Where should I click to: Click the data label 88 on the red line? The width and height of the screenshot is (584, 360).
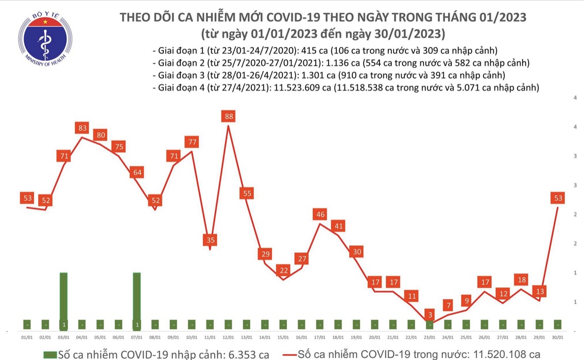[x=229, y=116]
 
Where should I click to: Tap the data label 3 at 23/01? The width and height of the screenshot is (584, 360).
[x=430, y=314]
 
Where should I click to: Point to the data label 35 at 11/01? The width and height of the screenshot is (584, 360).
[x=210, y=239]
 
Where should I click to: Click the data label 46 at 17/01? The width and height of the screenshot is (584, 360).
[x=320, y=214]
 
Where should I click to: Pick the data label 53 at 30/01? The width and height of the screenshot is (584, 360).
[x=558, y=199]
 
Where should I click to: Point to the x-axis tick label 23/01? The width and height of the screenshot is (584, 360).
[x=430, y=337]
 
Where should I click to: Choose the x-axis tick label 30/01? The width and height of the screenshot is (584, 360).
[x=558, y=337]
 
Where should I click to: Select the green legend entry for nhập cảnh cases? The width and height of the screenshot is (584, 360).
[x=157, y=354]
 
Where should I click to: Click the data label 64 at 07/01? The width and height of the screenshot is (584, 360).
[x=137, y=173]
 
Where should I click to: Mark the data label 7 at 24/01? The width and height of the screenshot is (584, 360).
[x=448, y=304]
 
